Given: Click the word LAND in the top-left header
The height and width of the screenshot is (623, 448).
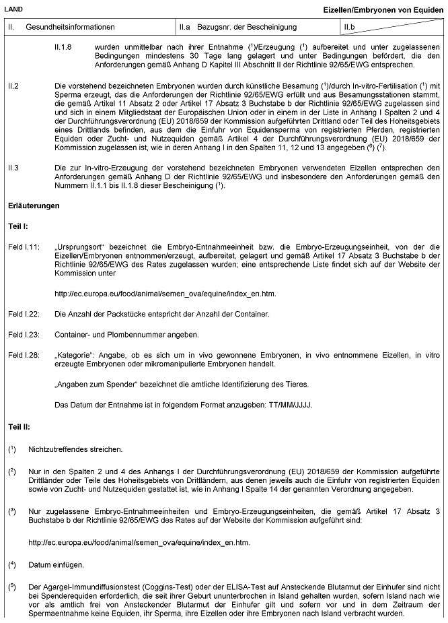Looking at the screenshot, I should point(13,7).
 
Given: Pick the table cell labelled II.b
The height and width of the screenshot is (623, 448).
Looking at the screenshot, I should point(350,27).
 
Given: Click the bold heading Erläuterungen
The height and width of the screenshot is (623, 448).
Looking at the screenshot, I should point(34,203).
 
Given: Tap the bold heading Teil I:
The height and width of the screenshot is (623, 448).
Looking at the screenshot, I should point(18,227).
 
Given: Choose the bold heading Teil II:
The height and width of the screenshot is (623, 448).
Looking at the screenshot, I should point(20,426).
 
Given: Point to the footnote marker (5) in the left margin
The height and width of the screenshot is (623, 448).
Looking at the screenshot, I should point(12,586).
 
